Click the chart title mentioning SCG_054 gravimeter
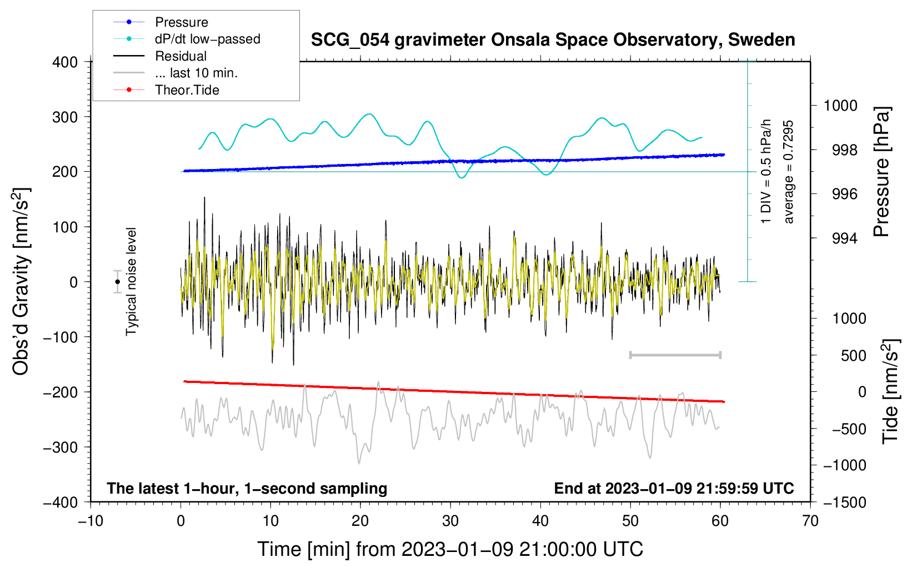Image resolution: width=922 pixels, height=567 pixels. click(553, 40)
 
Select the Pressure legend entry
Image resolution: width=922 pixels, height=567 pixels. click(161, 22)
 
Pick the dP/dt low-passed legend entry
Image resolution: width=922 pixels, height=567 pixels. click(187, 39)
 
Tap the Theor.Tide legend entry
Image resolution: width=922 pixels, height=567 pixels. click(166, 90)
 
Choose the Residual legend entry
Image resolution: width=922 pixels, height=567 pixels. click(160, 56)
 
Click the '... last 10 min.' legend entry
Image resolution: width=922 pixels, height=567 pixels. click(176, 73)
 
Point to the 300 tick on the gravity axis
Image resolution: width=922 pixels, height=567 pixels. click(65, 117)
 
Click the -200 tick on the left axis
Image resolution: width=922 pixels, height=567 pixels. click(61, 392)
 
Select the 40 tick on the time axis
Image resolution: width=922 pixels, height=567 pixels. click(540, 521)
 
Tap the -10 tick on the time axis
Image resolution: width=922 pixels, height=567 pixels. click(91, 521)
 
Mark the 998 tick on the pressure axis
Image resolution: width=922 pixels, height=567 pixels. click(845, 150)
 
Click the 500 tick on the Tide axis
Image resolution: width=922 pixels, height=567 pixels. click(853, 355)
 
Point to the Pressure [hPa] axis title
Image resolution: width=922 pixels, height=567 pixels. click(881, 171)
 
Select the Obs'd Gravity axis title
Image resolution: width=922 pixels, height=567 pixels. click(21, 282)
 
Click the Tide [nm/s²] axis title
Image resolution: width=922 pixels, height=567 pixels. click(890, 391)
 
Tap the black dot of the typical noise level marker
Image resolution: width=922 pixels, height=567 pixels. click(118, 282)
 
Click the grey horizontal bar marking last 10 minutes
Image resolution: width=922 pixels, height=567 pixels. click(675, 355)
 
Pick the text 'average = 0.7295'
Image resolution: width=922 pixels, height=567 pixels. click(788, 172)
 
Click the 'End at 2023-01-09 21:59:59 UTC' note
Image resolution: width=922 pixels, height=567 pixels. click(674, 488)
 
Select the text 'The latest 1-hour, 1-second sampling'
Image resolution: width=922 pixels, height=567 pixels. click(247, 488)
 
